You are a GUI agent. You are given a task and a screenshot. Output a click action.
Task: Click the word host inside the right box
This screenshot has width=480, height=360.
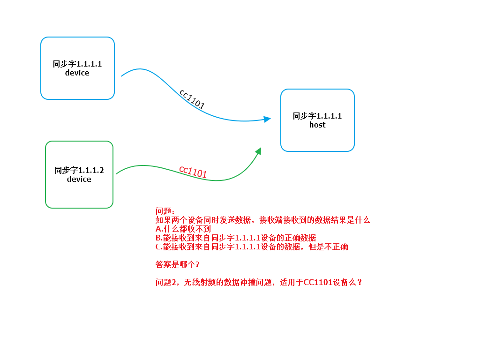[317, 125]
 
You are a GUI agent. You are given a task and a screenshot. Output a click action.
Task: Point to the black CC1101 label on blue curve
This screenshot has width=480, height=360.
[192, 99]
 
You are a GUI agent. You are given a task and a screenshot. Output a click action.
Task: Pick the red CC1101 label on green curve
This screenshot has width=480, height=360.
[193, 172]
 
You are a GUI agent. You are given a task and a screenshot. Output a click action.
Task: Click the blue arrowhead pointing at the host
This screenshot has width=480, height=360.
[267, 119]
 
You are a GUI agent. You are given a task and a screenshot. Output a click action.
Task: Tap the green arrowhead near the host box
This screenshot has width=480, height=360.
[258, 151]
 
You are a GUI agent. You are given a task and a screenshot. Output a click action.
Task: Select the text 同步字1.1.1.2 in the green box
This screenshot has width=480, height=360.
[79, 170]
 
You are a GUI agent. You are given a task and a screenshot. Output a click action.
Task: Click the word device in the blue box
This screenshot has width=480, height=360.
[77, 73]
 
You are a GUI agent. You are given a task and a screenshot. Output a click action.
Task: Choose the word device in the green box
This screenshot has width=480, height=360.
[79, 179]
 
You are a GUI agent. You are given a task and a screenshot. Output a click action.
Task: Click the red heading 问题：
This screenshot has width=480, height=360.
[165, 211]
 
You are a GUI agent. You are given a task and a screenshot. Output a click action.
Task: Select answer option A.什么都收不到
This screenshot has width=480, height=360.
[183, 229]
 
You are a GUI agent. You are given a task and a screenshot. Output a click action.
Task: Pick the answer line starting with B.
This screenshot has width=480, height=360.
[236, 238]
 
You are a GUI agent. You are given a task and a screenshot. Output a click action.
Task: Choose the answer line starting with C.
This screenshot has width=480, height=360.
[252, 247]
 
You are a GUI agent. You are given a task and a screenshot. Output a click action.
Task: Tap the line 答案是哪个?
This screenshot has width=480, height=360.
[178, 264]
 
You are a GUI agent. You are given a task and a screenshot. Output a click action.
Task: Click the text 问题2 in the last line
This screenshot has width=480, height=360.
[165, 282]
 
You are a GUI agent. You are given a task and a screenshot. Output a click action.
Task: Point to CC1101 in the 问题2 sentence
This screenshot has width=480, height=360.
[318, 282]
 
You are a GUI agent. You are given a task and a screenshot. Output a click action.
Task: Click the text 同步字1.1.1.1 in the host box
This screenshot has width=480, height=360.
[317, 116]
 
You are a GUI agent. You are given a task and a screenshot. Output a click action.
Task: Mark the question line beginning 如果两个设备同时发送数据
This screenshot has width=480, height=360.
[262, 220]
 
